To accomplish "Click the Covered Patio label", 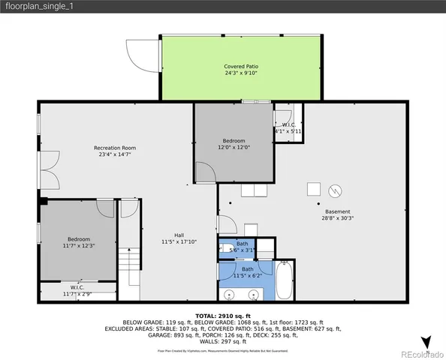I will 240,67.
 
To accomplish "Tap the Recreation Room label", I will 114,148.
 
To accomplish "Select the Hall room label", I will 178,233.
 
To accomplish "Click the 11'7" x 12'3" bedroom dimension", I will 78,244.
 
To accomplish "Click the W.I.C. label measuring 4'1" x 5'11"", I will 288,128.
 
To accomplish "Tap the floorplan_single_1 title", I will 34,7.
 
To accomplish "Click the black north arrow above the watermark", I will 426,341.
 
